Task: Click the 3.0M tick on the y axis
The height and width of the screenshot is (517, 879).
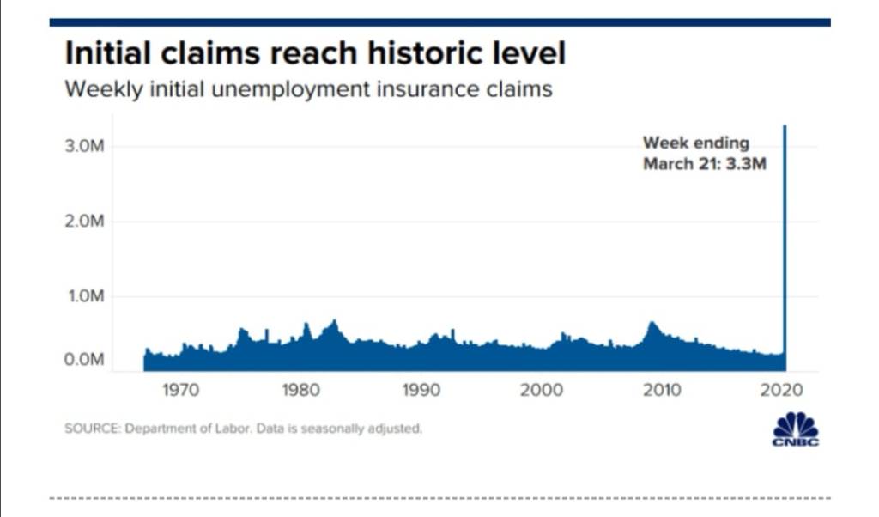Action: [84, 147]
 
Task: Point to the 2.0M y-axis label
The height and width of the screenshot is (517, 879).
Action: [84, 222]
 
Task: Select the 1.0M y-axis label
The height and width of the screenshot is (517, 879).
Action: [84, 297]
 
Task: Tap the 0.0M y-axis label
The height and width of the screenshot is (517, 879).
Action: [84, 360]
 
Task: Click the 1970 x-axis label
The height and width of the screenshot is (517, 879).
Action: [180, 391]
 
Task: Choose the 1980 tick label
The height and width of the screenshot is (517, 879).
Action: [300, 391]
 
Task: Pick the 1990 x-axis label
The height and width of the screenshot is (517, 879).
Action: [421, 391]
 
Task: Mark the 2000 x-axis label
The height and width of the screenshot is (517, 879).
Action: [542, 391]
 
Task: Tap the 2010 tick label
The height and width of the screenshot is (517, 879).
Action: [662, 391]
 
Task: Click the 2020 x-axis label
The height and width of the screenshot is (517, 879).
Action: [782, 391]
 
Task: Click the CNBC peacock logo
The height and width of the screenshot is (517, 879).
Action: [796, 429]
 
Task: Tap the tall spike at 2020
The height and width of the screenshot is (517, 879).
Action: [784, 240]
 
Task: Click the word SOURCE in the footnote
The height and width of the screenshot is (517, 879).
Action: [91, 429]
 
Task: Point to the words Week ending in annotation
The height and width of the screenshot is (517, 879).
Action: [695, 143]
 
